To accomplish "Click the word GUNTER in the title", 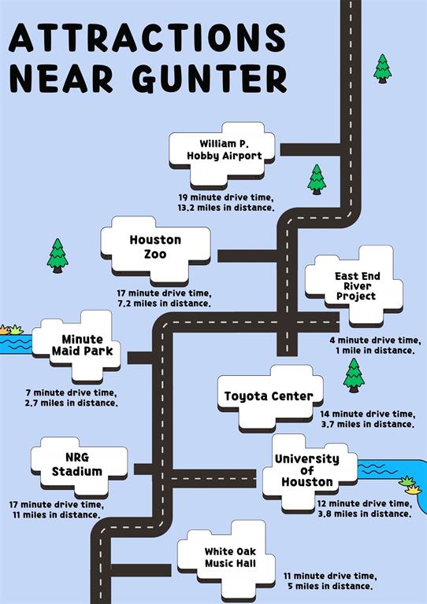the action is pos(210,79).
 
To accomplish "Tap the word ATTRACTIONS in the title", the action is pos(147,38).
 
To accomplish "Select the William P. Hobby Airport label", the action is pos(224,150).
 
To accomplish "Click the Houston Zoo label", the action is pos(155,247).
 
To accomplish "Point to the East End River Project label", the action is pos(357,285).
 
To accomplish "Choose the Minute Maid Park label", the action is pos(82,345).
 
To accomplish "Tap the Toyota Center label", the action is pos(269,396).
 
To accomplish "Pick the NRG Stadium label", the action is pos(77,465).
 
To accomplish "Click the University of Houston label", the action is pos(307,470).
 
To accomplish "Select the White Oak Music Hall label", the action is pos(230,558).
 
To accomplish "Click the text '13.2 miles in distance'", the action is pos(225,208).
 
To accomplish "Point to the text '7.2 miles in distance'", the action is pos(164,304).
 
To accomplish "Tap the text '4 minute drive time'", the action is pos(375,341).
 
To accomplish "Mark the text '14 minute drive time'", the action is pos(368,414).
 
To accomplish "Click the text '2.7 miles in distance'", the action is pos(72,403).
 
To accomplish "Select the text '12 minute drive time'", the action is pos(365,504).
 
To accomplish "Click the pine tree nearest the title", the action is pos(382,68).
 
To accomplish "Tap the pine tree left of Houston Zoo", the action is pos(58,256).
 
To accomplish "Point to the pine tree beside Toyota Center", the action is pos(354,376).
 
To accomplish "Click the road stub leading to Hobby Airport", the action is pos(311,150).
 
